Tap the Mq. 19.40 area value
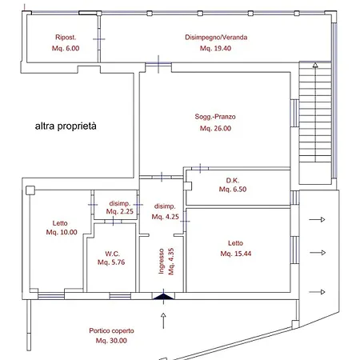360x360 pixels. (x=215, y=48)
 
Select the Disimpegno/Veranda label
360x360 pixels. (x=216, y=38)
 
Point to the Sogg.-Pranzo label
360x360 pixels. (x=215, y=118)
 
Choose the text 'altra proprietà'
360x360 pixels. (x=70, y=126)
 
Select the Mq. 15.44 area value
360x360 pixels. (x=239, y=254)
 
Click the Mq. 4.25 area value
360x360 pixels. (x=165, y=216)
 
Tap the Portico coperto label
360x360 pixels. (x=112, y=330)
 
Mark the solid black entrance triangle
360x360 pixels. (x=163, y=298)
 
